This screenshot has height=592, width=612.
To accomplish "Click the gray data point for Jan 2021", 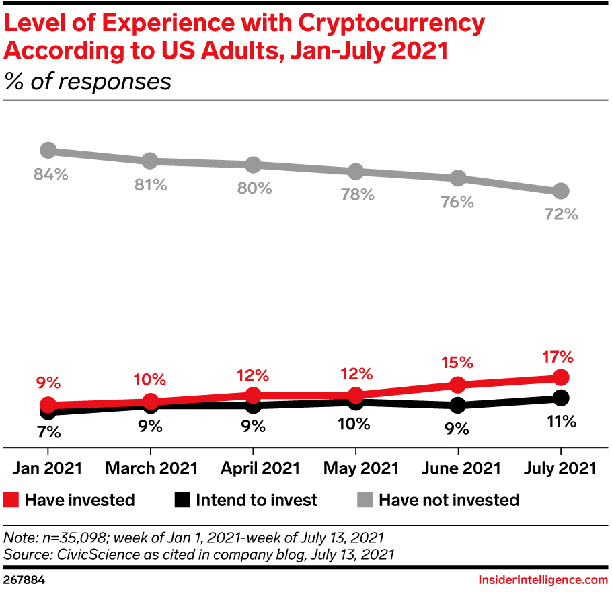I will point(48,150).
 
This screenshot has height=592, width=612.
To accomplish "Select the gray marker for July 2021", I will point(561,191).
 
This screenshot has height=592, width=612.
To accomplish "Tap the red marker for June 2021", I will point(458,385).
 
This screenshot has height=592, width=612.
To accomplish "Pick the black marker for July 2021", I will point(561,398).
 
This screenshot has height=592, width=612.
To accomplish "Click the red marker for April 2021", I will point(253,395).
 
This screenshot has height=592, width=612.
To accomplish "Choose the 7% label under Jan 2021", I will point(48,431).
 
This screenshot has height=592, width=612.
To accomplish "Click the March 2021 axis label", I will point(151,468).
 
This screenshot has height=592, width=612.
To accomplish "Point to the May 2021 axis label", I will point(355,468).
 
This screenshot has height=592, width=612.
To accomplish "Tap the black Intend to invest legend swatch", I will point(183,500).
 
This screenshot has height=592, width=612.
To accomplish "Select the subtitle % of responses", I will point(88,81).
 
